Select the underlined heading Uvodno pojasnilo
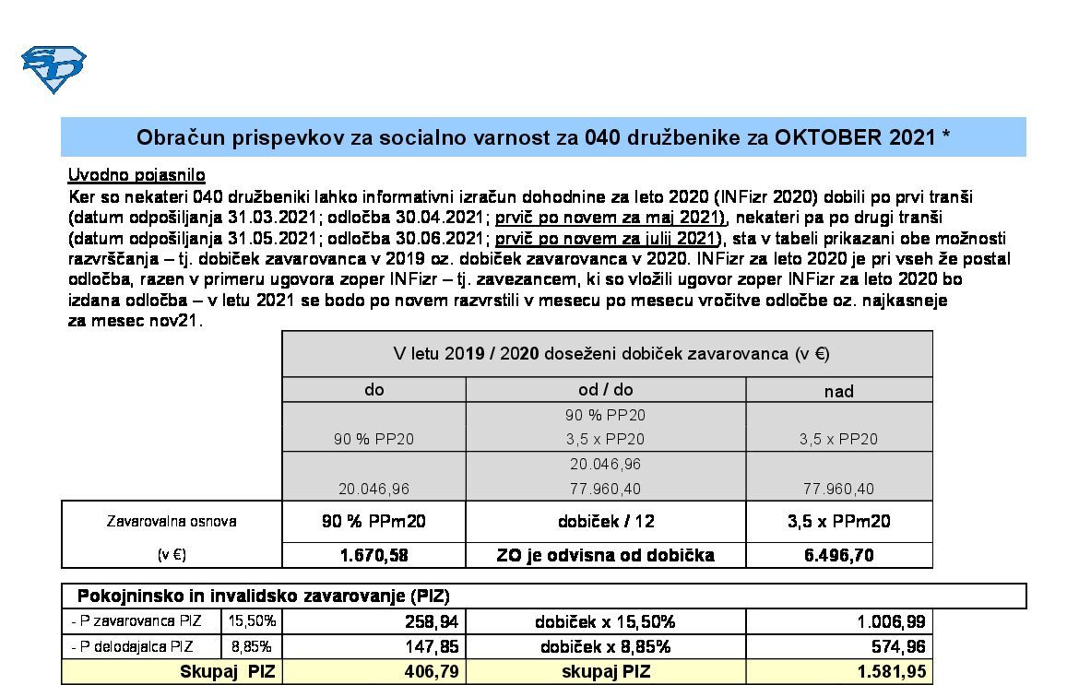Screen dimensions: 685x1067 click(x=136, y=175)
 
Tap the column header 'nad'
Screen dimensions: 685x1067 click(x=838, y=391)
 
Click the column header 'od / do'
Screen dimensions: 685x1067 click(x=605, y=389)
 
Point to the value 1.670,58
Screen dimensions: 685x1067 click(x=373, y=555)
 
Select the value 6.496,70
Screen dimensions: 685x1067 click(x=838, y=555)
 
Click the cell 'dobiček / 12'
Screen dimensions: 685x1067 click(x=605, y=521)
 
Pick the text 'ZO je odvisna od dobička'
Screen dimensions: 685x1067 click(x=605, y=555)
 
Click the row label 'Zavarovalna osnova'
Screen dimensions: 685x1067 click(x=172, y=521)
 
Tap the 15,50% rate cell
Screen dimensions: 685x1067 click(x=252, y=621)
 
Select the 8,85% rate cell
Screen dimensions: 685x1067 click(x=252, y=646)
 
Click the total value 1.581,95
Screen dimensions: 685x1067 click(x=892, y=672)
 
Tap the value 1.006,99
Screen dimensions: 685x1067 click(x=892, y=622)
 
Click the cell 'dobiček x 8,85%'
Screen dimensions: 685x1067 click(x=605, y=647)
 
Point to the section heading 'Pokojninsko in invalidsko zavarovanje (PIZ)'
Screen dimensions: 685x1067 click(x=263, y=596)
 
